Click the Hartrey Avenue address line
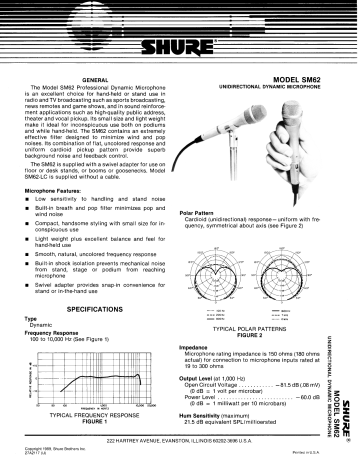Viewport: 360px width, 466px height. [180, 441]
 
